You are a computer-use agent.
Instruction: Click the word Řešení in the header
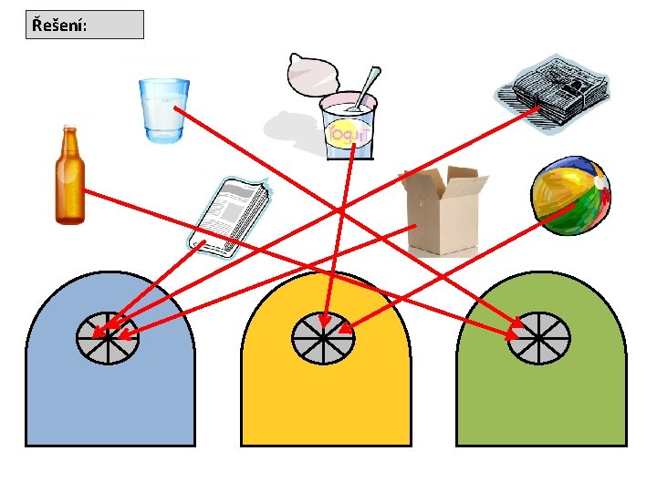coord(58,25)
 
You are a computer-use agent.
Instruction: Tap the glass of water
coord(164,109)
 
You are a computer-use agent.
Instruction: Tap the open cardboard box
coord(441,214)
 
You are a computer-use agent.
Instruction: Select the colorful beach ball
coord(569,195)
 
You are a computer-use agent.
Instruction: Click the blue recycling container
coord(109,383)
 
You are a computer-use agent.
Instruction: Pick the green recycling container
coord(541,392)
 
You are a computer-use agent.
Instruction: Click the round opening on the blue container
coord(107,337)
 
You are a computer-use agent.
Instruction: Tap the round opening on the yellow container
coord(323,337)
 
